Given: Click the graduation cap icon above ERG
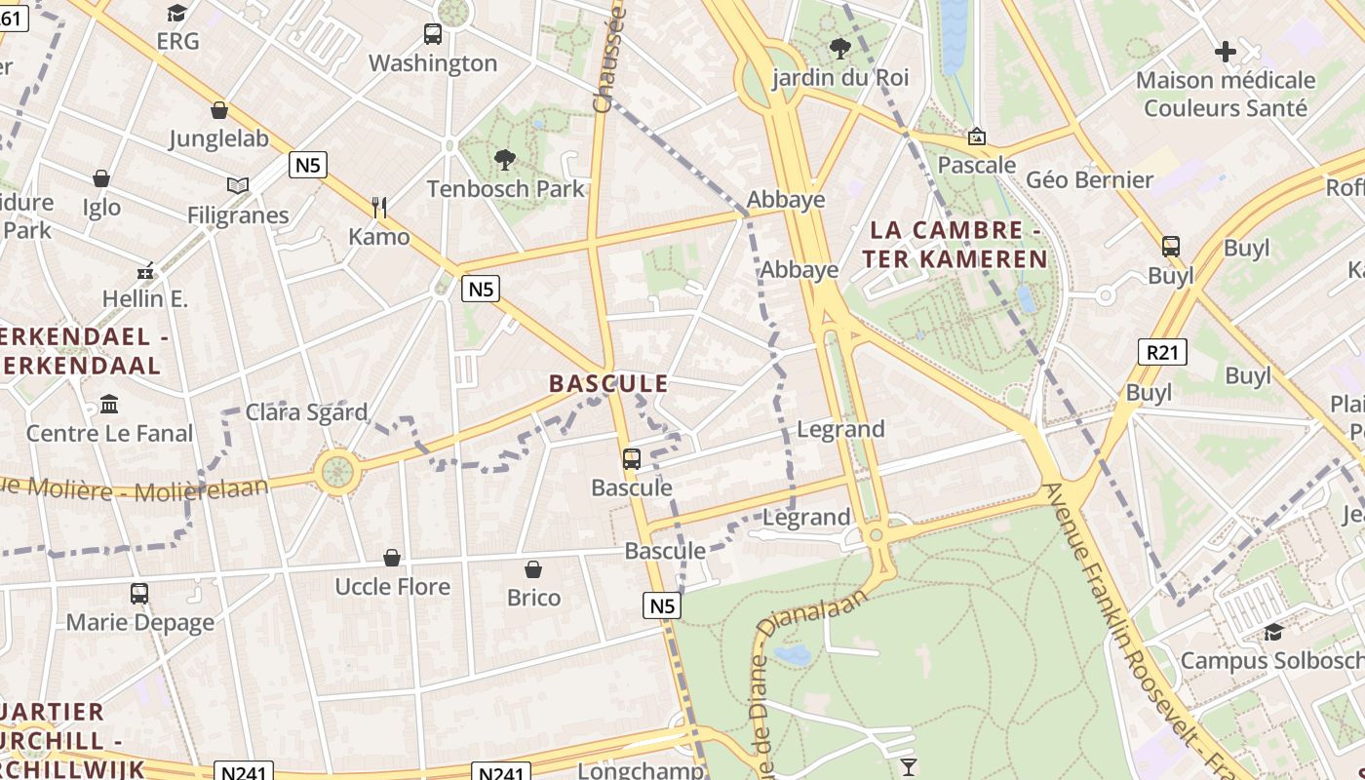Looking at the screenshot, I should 176,13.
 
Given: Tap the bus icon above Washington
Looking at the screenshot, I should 433,34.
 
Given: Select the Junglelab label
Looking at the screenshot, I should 219,138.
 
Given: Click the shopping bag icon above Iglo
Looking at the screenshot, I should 101,178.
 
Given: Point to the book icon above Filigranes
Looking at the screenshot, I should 238,185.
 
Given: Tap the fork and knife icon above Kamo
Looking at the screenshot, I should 379,207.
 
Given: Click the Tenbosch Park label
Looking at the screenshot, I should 505,188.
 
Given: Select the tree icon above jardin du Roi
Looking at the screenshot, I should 839,48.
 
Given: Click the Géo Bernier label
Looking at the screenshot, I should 1089,179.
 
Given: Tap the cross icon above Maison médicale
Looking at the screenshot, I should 1226,51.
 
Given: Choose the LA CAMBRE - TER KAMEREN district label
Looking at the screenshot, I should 955,245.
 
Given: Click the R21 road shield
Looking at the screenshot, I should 1162,352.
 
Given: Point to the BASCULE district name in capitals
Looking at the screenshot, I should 608,383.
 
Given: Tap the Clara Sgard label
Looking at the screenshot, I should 306,412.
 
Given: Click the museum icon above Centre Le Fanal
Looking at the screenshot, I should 109,404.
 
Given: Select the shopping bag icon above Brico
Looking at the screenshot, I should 533,568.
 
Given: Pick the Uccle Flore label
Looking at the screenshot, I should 392,586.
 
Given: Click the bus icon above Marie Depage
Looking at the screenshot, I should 139,593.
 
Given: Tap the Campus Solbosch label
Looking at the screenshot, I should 1271,661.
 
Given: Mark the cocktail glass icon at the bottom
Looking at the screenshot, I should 909,766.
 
